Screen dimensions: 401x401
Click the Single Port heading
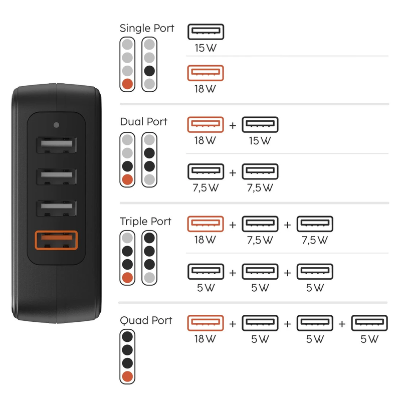(x=147, y=28)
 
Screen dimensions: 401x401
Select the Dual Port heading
(x=143, y=122)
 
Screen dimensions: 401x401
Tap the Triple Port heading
(x=145, y=221)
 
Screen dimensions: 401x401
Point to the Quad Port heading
(x=146, y=320)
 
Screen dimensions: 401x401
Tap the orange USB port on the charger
(x=56, y=240)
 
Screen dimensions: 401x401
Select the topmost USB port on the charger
(x=56, y=145)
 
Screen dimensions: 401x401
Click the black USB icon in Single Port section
(x=206, y=32)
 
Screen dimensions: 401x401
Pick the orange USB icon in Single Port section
(x=206, y=73)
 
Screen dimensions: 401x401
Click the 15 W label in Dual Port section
(x=260, y=141)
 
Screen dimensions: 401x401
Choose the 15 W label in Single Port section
(x=206, y=48)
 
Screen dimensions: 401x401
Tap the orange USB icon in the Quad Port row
(x=206, y=322)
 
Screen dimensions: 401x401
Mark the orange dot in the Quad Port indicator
(x=128, y=376)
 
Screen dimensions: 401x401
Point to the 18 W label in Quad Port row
(x=206, y=339)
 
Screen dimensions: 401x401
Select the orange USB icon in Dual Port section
(x=206, y=124)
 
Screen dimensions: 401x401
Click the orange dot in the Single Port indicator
(x=128, y=84)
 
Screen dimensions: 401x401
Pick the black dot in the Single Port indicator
(x=149, y=71)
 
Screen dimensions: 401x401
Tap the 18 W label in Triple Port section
(x=206, y=240)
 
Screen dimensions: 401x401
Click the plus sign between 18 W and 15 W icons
(x=233, y=125)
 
